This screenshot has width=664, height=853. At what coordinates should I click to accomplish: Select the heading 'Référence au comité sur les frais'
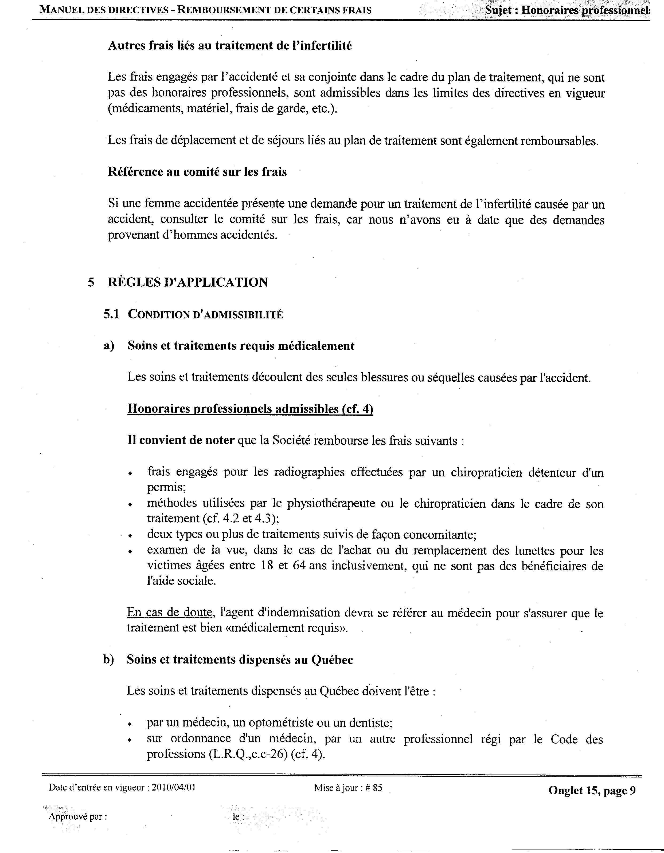point(197,172)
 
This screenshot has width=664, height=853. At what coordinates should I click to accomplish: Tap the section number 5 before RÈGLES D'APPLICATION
point(91,282)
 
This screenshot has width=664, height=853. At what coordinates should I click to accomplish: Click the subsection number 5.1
point(111,314)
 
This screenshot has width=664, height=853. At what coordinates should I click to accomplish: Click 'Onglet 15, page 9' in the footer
point(592,791)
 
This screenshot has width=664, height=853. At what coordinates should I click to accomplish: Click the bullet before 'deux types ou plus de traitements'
point(131,536)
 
